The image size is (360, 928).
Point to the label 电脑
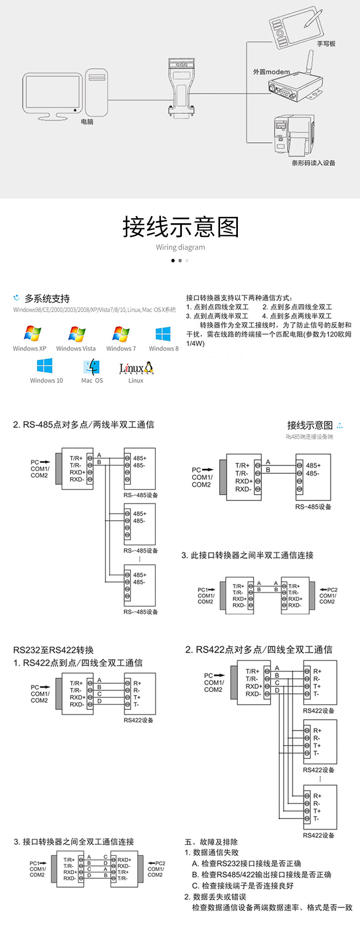point(87,122)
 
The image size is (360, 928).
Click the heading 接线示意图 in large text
point(180,227)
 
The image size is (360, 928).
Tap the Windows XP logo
point(32,333)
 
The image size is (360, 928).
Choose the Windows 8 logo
point(163,333)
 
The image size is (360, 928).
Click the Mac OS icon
point(92,367)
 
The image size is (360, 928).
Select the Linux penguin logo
point(149,367)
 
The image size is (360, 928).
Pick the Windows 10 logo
point(45,366)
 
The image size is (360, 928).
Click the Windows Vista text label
point(76,349)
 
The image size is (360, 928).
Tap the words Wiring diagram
point(180,247)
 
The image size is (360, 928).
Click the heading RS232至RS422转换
point(53,650)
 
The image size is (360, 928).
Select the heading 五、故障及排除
point(211,842)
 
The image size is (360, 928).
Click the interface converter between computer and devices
point(181,89)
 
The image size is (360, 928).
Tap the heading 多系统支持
point(47,299)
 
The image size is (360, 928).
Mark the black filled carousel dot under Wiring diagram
point(173,261)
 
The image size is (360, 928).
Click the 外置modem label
point(272,72)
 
